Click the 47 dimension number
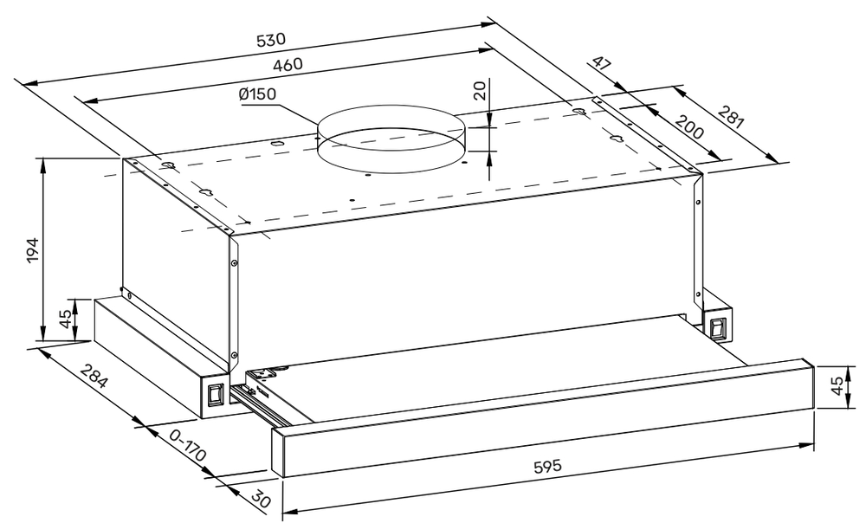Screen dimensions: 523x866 (x=603, y=68)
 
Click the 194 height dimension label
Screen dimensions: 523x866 (x=32, y=251)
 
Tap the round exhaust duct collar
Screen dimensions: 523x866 (x=391, y=143)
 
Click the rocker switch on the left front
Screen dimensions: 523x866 (x=214, y=396)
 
